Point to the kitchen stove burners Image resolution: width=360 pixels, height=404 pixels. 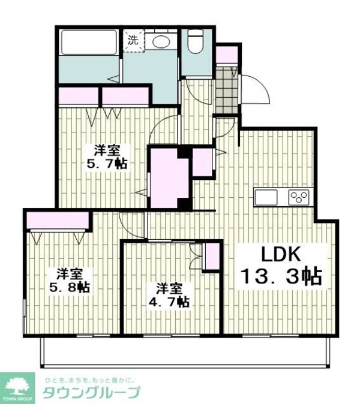(x=299, y=197)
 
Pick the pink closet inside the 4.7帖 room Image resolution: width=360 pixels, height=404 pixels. (x=212, y=256)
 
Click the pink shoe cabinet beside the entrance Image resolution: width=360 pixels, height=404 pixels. (x=227, y=54)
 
